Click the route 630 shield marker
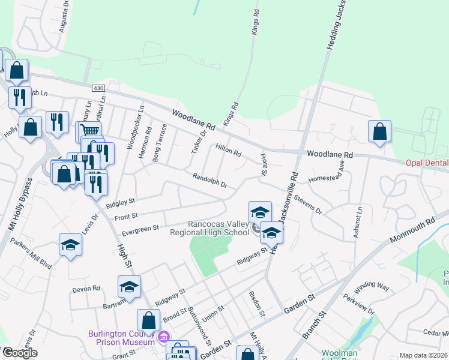pos(99,88)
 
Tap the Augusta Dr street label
pos(63,20)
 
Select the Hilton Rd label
pos(228,150)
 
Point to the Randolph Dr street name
pos(209,180)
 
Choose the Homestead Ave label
pos(327,172)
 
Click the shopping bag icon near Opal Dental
pos(379,131)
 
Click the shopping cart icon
pos(89,130)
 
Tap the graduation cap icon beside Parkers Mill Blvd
pos(70,245)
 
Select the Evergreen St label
pos(139,228)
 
